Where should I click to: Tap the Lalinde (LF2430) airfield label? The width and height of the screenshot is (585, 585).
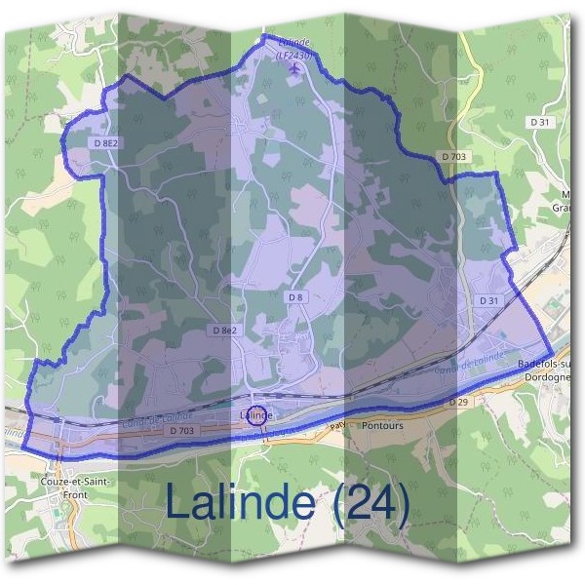coord(293,52)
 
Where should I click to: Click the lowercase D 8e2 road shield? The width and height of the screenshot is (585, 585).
coord(224,331)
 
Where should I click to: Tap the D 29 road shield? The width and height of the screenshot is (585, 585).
coord(459,402)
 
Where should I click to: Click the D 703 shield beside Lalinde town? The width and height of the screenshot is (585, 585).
coord(181,430)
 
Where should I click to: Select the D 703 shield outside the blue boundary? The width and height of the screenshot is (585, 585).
coord(454,156)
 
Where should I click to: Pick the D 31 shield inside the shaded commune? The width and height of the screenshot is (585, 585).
coord(489,301)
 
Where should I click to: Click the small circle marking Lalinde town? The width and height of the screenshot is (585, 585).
coord(256,415)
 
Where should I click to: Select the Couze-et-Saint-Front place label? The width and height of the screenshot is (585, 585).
coord(76,487)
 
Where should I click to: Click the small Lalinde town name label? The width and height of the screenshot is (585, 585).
coord(255,415)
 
